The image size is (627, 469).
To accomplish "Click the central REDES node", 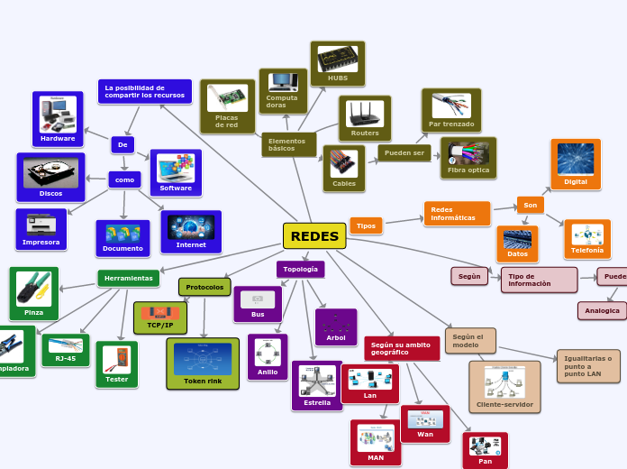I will tap(314, 236).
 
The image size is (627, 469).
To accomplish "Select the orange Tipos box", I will tap(366, 225).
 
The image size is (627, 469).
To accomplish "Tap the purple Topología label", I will tap(300, 269).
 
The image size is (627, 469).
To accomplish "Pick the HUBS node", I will tap(338, 63).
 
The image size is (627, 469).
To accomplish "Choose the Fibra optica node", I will tap(468, 158).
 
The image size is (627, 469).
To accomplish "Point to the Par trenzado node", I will tap(451, 110).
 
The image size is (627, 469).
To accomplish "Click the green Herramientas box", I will tap(129, 278).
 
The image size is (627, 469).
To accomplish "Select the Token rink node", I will tap(203, 363).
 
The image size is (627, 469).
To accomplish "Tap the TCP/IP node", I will tap(160, 317).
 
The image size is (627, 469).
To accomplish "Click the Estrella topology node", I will tap(317, 385).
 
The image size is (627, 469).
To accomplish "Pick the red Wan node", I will tap(425, 424).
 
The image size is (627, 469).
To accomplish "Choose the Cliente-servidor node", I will tap(504, 387).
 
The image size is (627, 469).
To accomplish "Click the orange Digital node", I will tap(576, 164).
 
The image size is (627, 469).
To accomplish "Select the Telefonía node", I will tap(587, 239).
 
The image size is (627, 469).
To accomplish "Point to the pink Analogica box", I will tap(602, 310).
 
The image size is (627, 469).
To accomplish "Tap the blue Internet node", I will tap(191, 232).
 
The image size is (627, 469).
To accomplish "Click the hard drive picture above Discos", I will tap(50, 171).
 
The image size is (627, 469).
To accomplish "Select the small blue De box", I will tap(123, 144).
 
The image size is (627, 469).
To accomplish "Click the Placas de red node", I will tap(227, 106).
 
